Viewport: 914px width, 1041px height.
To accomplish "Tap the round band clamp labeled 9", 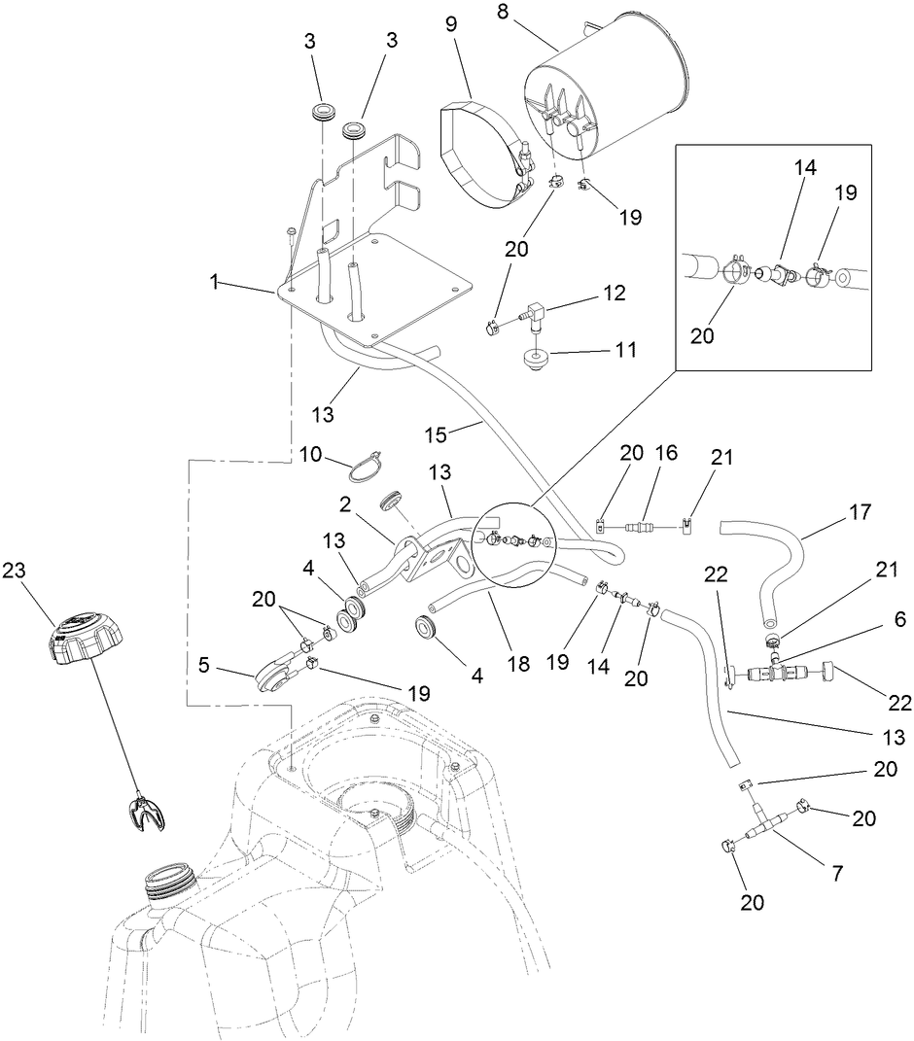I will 481,151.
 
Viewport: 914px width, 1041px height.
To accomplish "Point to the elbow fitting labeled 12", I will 532,314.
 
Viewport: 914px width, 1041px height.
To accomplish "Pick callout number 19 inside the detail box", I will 845,192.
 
